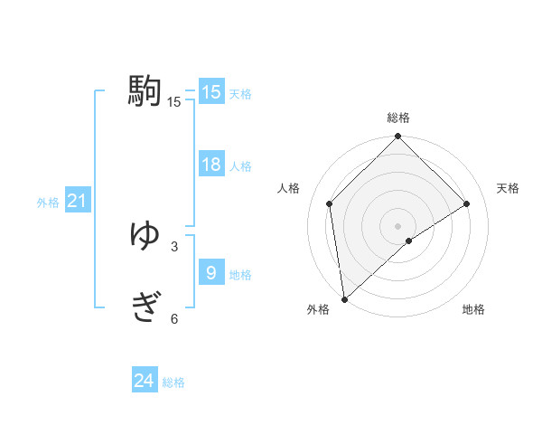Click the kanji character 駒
tap(145, 92)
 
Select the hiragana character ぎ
tap(145, 308)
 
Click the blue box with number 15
tap(211, 92)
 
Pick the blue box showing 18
tap(211, 165)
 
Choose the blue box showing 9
tap(211, 272)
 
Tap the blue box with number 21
tap(77, 201)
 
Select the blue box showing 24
tap(145, 381)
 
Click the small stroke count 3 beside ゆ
tap(174, 246)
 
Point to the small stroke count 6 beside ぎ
tap(174, 318)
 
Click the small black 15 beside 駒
tap(174, 102)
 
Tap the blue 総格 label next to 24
tap(173, 382)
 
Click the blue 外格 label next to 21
tap(48, 203)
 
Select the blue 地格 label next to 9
tap(240, 275)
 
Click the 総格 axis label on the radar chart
tap(397, 118)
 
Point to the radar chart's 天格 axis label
tap(508, 188)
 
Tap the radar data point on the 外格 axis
tap(344, 298)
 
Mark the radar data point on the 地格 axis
tap(409, 241)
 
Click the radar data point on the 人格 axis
tap(330, 203)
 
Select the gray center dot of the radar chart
tap(397, 225)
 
